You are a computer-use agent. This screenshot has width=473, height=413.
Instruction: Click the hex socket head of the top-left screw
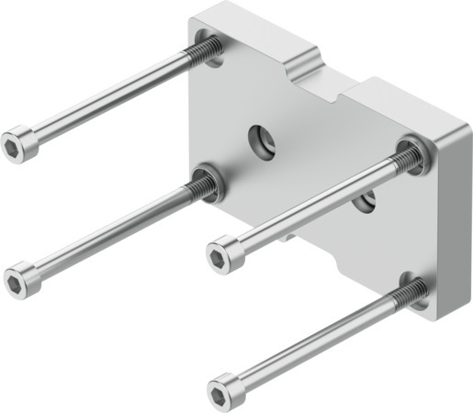pyautogui.click(x=19, y=144)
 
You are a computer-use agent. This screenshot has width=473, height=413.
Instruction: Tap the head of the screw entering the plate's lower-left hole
pyautogui.click(x=21, y=277)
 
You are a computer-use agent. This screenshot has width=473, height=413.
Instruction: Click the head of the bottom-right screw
pyautogui.click(x=223, y=389)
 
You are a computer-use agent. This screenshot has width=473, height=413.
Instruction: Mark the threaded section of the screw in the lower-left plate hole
pyautogui.click(x=199, y=187)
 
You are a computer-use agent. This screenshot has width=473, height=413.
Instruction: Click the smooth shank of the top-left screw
pyautogui.click(x=110, y=96)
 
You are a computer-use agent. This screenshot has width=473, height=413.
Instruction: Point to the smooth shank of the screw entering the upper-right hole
pyautogui.click(x=312, y=206)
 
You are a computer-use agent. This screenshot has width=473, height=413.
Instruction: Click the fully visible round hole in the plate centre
pyautogui.click(x=258, y=140)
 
